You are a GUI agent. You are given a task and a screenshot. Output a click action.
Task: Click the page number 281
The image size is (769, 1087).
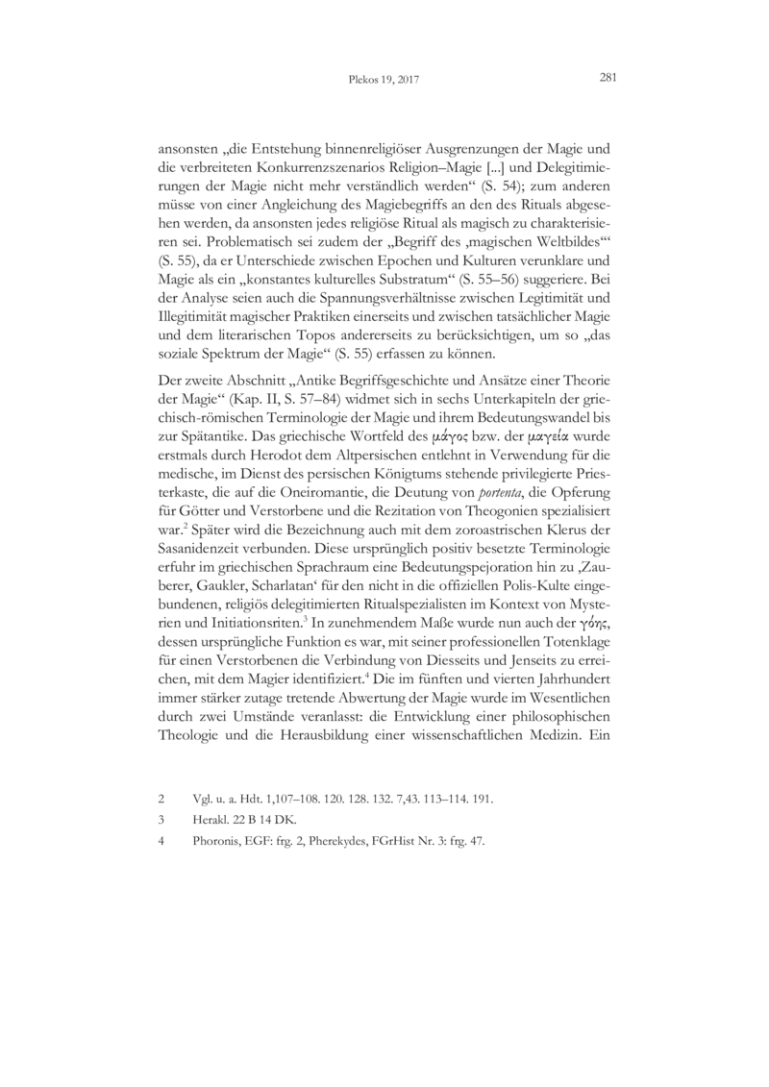607,80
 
